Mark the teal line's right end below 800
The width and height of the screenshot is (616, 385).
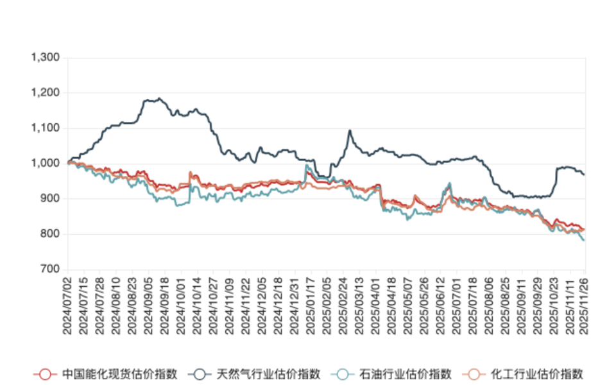coord(584,241)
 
